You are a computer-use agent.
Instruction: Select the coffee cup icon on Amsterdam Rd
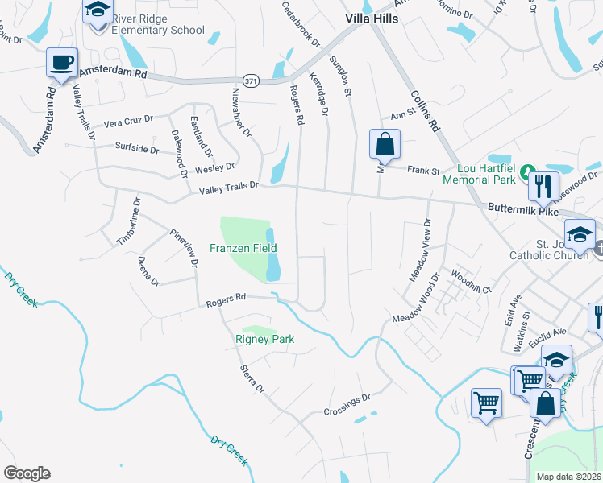point(62,63)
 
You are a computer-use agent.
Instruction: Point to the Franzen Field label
point(243,248)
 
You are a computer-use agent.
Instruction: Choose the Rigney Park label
point(264,339)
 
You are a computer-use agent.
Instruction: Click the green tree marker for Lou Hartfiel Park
point(526,172)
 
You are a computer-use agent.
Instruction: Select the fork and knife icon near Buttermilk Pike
point(543,187)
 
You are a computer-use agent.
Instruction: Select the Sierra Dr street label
point(252,378)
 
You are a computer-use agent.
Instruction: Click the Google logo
point(27,473)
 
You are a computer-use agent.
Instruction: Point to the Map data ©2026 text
point(568,477)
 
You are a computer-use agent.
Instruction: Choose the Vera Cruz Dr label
point(128,122)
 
